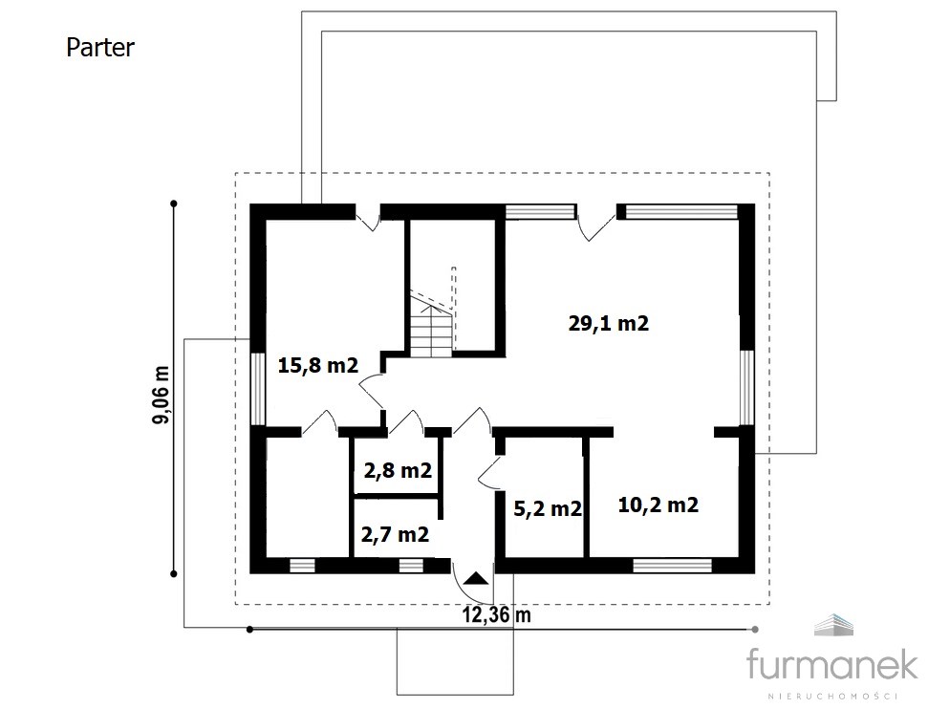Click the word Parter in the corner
(x=100, y=48)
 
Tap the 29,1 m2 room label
(x=609, y=323)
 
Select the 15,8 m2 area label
(x=318, y=365)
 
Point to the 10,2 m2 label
(x=658, y=505)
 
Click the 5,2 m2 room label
(x=548, y=508)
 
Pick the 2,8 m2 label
(x=398, y=470)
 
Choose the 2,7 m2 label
(x=395, y=534)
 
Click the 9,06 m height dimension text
(x=161, y=395)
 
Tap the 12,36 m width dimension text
(x=497, y=615)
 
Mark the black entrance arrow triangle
(x=476, y=578)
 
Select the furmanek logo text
(x=832, y=663)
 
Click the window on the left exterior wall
(x=258, y=390)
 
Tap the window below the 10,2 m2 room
(x=672, y=565)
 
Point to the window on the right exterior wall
(x=747, y=388)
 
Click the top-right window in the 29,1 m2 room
(x=681, y=211)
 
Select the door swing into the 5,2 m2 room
(x=490, y=472)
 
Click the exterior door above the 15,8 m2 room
(x=368, y=218)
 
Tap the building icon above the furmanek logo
(x=833, y=625)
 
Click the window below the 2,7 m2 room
(x=411, y=566)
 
